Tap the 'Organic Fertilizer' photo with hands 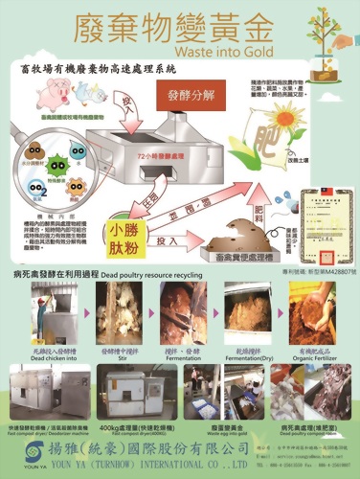coord(319,313)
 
